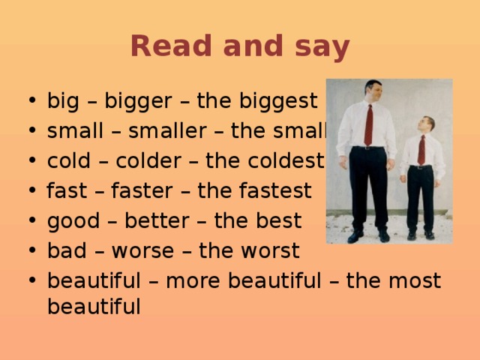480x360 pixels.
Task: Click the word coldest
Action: tap(288, 161)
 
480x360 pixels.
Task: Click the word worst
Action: tap(276, 251)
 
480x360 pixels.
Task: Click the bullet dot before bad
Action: tap(28, 251)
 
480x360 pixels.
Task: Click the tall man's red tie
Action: tap(368, 124)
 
